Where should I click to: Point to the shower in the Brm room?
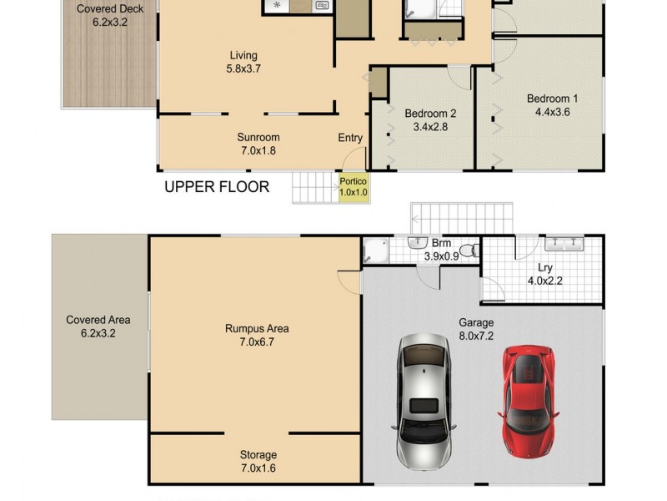click(375, 251)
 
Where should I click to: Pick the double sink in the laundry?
click(564, 245)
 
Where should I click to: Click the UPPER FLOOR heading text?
click(217, 187)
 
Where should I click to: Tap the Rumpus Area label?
click(257, 328)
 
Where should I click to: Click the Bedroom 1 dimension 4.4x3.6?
click(552, 112)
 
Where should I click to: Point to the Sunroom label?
click(258, 137)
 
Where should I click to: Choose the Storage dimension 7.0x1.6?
click(258, 468)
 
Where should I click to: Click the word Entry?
click(350, 138)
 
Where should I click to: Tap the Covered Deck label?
click(108, 9)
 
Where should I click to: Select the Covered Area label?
click(98, 320)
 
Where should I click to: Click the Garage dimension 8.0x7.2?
click(476, 336)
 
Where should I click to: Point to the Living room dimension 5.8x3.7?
click(243, 69)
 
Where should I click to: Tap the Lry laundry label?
click(545, 267)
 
